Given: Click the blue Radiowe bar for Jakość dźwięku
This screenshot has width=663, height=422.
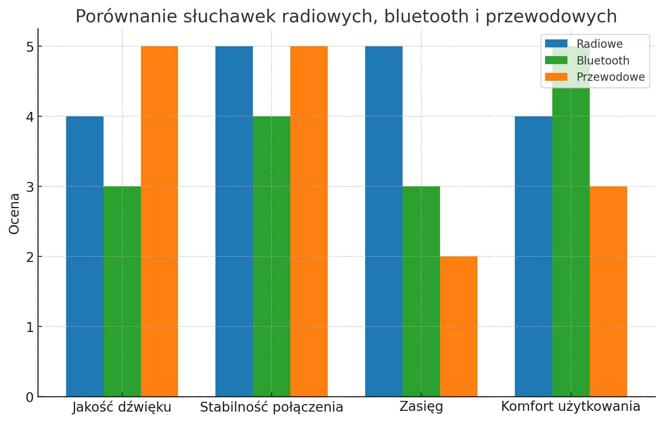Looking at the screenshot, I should pyautogui.click(x=84, y=256).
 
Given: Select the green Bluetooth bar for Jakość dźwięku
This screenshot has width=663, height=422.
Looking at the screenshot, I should pyautogui.click(x=122, y=291).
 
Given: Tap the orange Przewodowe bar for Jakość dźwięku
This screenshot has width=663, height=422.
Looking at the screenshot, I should pyautogui.click(x=159, y=221).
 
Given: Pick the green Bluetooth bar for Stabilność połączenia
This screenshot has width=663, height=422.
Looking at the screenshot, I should pyautogui.click(x=271, y=256).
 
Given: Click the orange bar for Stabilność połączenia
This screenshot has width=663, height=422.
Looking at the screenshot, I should pyautogui.click(x=309, y=221).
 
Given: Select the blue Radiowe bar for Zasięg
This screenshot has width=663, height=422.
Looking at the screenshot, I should pyautogui.click(x=383, y=221).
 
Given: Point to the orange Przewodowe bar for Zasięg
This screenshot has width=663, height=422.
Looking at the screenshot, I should pyautogui.click(x=458, y=326).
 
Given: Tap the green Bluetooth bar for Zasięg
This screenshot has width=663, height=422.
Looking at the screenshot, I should pyautogui.click(x=421, y=291).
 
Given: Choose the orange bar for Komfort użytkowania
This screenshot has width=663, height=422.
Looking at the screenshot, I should pyautogui.click(x=608, y=291).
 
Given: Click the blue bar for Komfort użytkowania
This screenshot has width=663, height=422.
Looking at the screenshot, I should pyautogui.click(x=533, y=256).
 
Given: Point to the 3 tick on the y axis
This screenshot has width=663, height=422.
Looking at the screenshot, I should pyautogui.click(x=30, y=187).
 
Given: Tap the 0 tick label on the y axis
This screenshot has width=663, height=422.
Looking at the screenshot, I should pyautogui.click(x=30, y=397).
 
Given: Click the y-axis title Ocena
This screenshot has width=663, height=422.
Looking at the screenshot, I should pyautogui.click(x=14, y=214).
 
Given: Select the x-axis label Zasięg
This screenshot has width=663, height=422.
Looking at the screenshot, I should pyautogui.click(x=421, y=407).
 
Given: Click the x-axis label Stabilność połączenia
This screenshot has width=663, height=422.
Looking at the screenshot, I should pyautogui.click(x=271, y=407).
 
